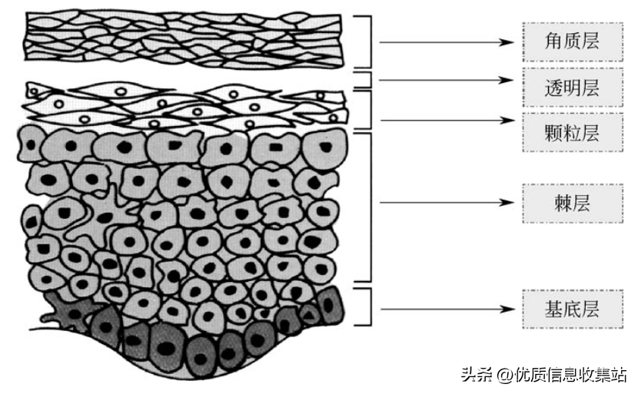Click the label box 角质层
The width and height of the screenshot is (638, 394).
pos(560,41)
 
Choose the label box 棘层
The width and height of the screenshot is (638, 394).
pos(560,203)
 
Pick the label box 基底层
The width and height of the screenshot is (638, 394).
pos(560,310)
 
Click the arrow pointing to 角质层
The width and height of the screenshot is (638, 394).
pos(446,41)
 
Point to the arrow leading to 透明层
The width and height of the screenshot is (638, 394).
pos(446,79)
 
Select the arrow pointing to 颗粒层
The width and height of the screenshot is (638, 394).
pos(446,121)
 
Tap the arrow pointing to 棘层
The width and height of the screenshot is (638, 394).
pos(446,203)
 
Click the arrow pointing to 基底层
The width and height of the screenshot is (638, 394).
pos(446,310)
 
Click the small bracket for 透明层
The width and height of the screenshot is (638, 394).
pos(370,80)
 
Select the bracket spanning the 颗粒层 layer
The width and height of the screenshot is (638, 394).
pos(370,110)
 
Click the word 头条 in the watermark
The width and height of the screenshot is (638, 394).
pos(477,375)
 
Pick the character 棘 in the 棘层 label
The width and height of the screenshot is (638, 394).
pos(551,203)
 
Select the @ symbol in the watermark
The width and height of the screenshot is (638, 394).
pos(504,375)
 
